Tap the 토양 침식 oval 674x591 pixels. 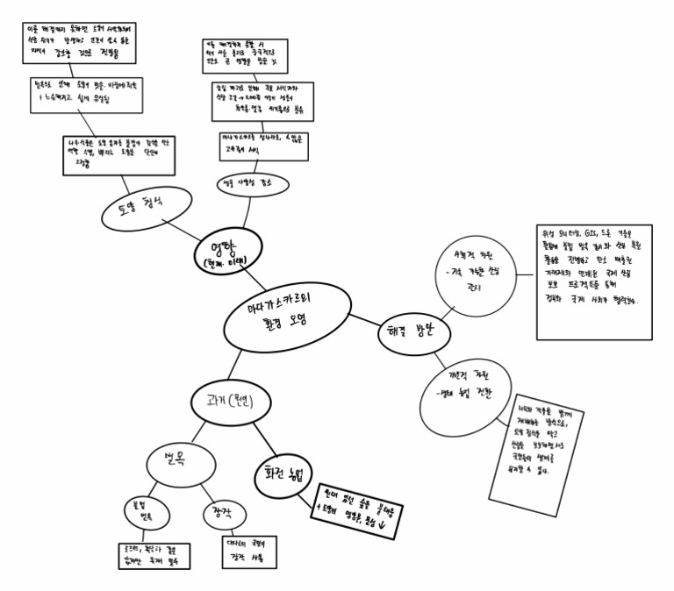coord(144,205)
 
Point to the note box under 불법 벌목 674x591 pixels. coord(153,555)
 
